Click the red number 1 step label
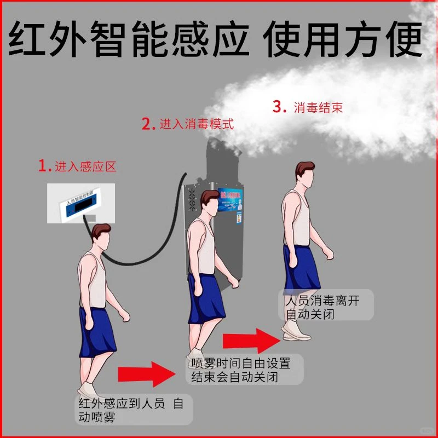pos(43,166)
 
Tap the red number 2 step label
pos(146,124)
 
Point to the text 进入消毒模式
pos(196,124)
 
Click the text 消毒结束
pos(318,107)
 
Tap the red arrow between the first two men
pos(146,375)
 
